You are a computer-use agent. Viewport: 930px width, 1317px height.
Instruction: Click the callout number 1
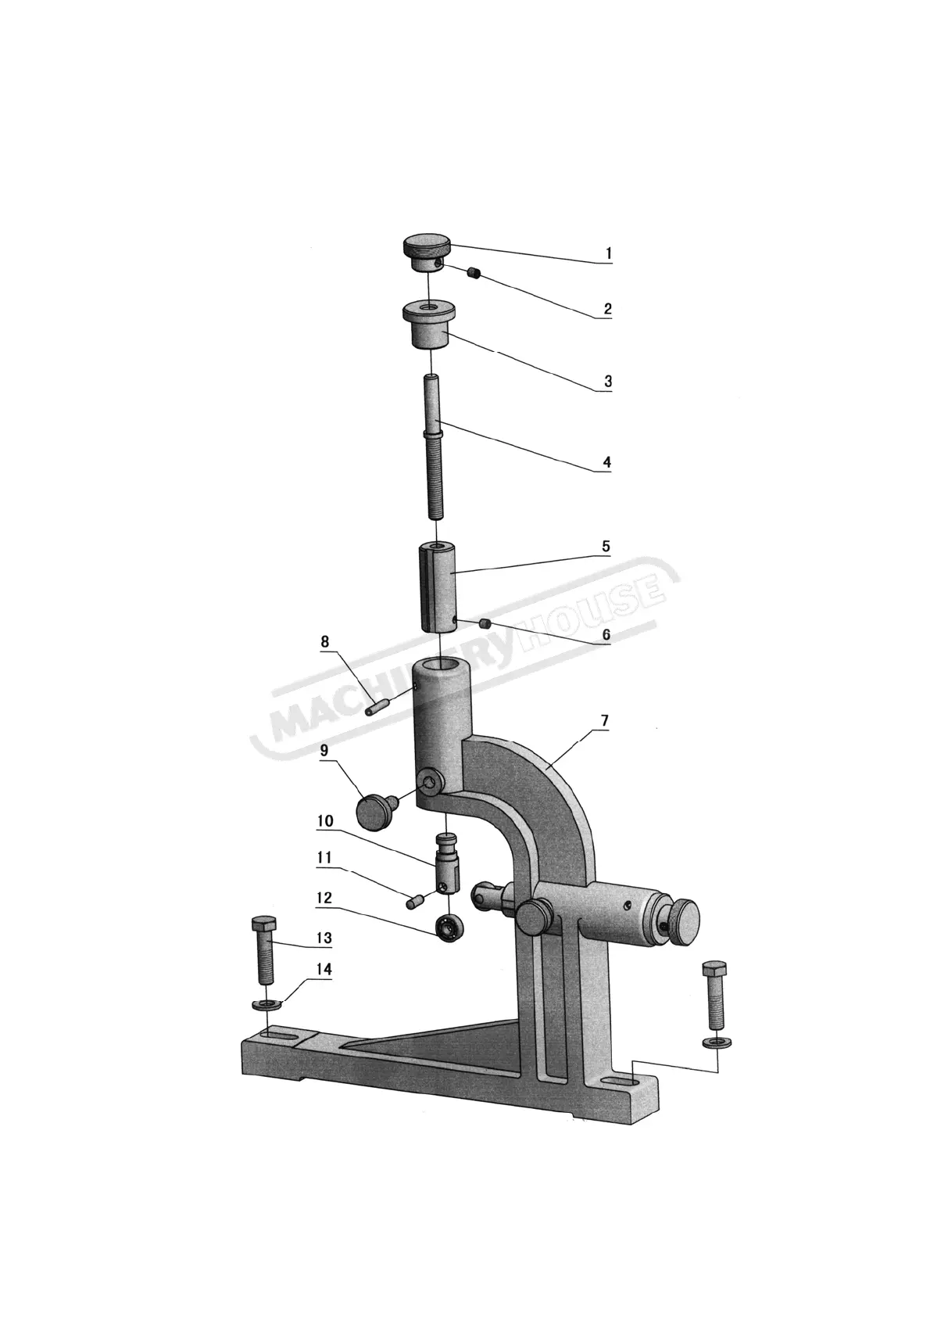pyautogui.click(x=609, y=253)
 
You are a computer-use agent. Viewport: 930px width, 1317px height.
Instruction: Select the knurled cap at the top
pyautogui.click(x=427, y=253)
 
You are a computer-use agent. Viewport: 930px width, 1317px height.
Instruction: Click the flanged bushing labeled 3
pyautogui.click(x=431, y=325)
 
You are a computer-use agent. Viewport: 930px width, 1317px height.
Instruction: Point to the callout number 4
pyautogui.click(x=607, y=461)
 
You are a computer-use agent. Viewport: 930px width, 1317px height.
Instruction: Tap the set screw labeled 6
pyautogui.click(x=485, y=623)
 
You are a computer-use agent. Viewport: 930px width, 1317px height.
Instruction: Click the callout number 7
pyautogui.click(x=605, y=721)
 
